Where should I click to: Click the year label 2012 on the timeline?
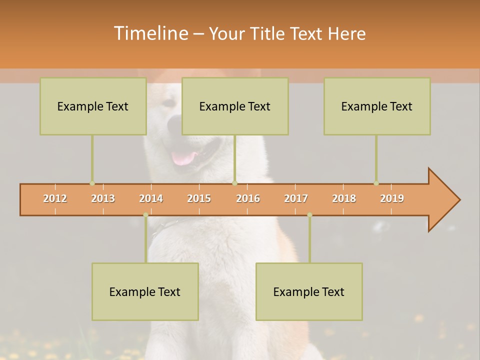coord(55,198)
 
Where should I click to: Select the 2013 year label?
coord(103,198)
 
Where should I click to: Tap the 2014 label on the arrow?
coord(151,198)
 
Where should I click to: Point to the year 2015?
coord(199,198)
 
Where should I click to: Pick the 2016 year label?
coord(248,198)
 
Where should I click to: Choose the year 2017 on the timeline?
coord(296,198)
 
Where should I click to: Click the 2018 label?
coord(344,198)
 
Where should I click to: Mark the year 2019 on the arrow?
coord(392,198)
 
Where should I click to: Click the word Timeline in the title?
coord(150,33)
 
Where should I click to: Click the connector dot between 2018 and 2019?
coord(376,183)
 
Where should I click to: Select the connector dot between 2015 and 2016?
coord(234,183)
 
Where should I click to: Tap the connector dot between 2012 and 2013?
coord(92,183)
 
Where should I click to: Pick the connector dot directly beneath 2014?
coord(145,215)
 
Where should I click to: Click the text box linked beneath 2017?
coord(309,291)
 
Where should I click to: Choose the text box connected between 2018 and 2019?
coord(377,106)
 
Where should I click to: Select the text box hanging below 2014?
coord(145,291)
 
